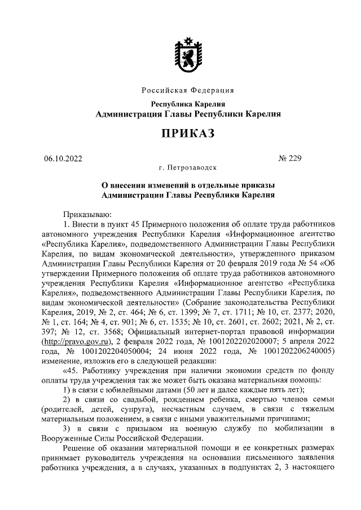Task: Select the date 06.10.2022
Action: pos(63,159)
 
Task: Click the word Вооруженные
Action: pos(69,438)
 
